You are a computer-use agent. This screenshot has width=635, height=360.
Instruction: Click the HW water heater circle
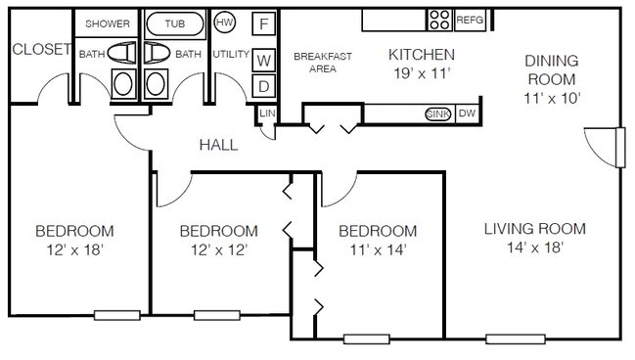[224, 22]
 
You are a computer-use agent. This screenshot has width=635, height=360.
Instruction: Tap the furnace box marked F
[263, 23]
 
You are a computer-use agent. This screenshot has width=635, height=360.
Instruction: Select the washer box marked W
[263, 61]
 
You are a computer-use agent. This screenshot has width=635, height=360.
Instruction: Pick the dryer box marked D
[263, 86]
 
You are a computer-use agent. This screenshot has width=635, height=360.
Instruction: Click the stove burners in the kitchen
[439, 20]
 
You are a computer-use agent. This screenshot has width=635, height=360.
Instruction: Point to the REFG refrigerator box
[470, 20]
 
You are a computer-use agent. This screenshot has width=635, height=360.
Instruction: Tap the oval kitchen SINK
[437, 114]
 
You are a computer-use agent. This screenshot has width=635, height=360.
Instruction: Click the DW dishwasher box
[468, 113]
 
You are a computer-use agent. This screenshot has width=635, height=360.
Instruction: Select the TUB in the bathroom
[174, 23]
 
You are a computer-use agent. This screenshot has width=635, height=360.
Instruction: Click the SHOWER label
[108, 23]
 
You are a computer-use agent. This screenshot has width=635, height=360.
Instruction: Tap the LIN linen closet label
[267, 113]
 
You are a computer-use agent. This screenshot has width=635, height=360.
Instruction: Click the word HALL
[219, 145]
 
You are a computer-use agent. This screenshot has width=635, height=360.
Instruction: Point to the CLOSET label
[42, 50]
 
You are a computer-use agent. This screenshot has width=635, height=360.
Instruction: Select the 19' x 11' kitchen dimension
[422, 73]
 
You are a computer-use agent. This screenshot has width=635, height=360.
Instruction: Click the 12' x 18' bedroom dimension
[74, 249]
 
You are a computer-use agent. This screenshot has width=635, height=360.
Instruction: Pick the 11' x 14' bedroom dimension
[378, 249]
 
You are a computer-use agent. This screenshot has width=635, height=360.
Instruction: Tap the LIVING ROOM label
[535, 229]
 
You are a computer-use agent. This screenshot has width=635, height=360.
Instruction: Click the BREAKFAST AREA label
[323, 63]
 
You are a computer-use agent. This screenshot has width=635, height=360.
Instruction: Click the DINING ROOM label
[552, 69]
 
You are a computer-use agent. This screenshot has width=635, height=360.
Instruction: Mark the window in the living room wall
[516, 338]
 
